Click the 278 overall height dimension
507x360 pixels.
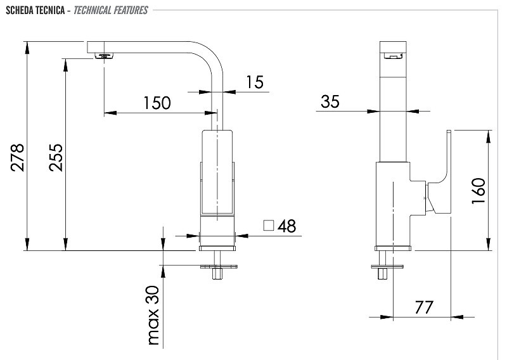[x=18, y=157]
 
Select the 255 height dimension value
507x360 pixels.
[x=56, y=157]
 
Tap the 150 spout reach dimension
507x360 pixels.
[x=157, y=103]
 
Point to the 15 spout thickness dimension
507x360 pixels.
[x=255, y=82]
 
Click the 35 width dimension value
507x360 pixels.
[x=330, y=101]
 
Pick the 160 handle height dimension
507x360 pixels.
[x=478, y=191]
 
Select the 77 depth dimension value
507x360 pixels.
[x=424, y=307]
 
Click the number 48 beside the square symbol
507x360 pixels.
[x=286, y=226]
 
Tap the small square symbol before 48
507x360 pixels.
[x=269, y=226]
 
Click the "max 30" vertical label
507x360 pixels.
[x=153, y=316]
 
